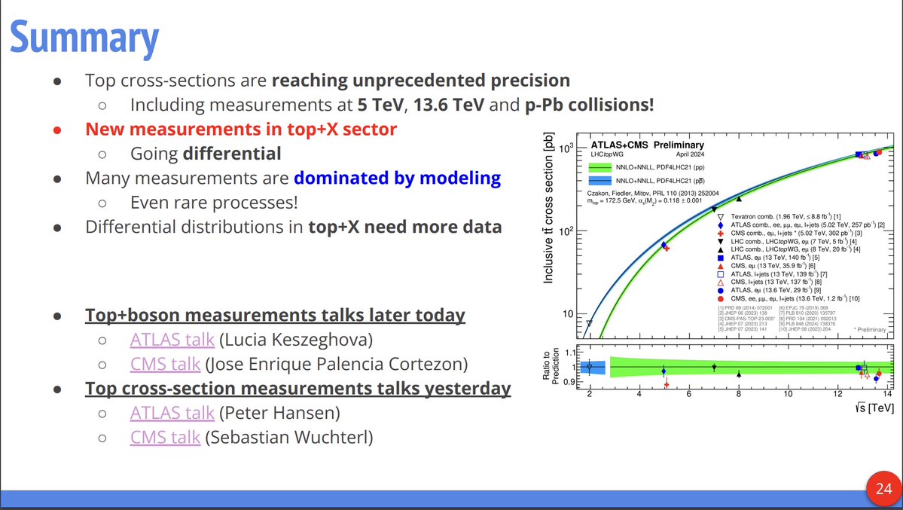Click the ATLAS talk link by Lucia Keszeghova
pos(172,340)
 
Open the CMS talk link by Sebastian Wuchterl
pos(165,437)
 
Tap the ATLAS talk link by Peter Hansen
pos(172,413)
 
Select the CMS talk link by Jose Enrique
pos(165,365)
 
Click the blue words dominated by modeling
pos(397,178)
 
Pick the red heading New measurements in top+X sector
pos(241,129)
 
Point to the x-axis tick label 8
pos(738,392)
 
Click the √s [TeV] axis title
pos(875,408)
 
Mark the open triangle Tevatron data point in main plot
pos(589,323)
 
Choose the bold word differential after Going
pos(233,154)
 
